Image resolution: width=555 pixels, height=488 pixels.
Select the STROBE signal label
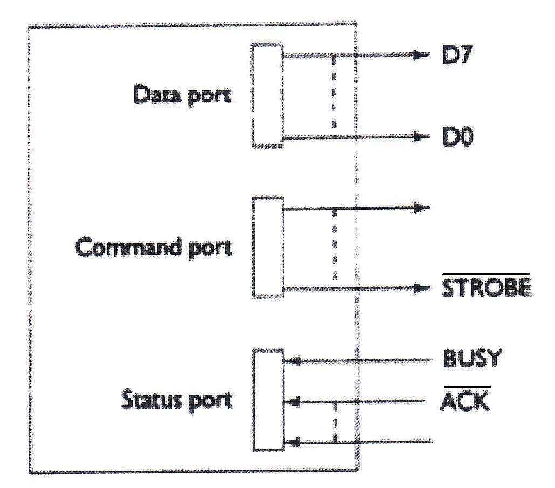pyautogui.click(x=486, y=289)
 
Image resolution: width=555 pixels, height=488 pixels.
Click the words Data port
pyautogui.click(x=182, y=95)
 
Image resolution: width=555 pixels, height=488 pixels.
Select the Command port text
pyautogui.click(x=154, y=248)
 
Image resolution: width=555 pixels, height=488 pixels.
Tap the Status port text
pyautogui.click(x=176, y=400)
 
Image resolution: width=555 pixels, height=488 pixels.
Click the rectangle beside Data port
pyautogui.click(x=267, y=95)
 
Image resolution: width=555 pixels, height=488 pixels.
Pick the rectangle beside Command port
pyautogui.click(x=268, y=247)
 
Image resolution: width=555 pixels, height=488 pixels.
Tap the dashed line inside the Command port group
pyautogui.click(x=334, y=245)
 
